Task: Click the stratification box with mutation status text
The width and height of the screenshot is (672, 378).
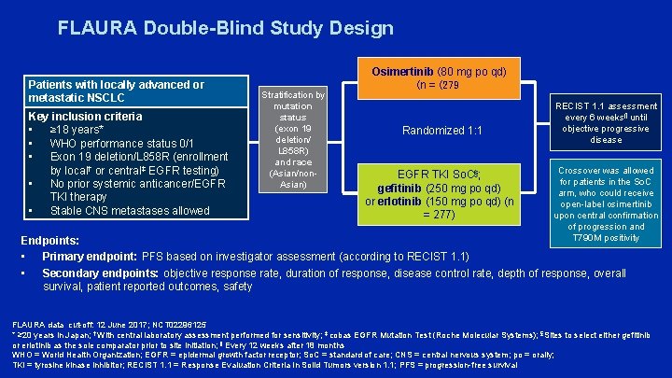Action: [x=292, y=139]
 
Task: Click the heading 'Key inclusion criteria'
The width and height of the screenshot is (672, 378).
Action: [x=85, y=117]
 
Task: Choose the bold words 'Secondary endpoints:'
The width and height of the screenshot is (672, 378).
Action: [x=101, y=273]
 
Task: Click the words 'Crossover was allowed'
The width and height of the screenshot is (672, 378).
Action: [x=606, y=171]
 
